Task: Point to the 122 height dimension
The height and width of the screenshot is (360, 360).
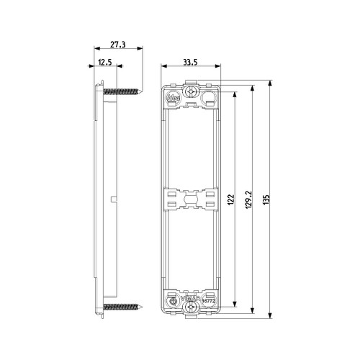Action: click(x=230, y=199)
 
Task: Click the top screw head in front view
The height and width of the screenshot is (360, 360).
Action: click(x=192, y=94)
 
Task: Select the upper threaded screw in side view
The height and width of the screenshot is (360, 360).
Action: click(x=123, y=91)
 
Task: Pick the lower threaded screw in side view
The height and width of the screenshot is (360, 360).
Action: click(x=123, y=307)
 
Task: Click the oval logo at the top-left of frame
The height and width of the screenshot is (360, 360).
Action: click(x=174, y=94)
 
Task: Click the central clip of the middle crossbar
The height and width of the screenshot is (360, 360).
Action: click(x=192, y=199)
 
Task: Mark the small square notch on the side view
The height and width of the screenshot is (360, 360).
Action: click(x=115, y=197)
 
